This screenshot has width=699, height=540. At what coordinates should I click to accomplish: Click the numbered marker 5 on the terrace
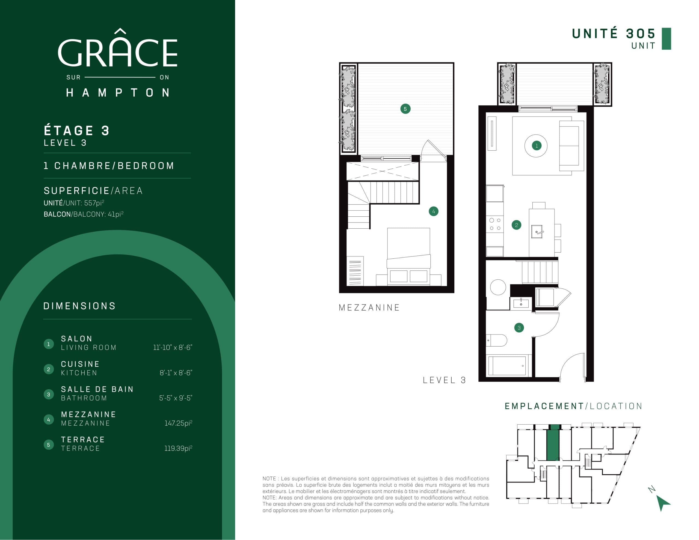click(405, 109)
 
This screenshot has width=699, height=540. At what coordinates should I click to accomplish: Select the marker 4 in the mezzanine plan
click(433, 211)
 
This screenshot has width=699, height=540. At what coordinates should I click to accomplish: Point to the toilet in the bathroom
click(496, 340)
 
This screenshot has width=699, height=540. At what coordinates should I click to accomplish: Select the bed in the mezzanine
click(408, 256)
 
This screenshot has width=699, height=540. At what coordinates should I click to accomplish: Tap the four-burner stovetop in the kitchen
click(495, 224)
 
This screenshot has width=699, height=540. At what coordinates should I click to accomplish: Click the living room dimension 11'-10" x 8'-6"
click(173, 347)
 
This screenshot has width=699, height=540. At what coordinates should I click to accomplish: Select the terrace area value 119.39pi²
click(178, 448)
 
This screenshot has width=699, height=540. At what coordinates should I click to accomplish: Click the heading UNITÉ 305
click(613, 34)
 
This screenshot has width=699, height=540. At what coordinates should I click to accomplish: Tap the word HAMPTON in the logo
click(118, 93)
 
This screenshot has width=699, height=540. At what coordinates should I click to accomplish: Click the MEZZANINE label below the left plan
click(369, 308)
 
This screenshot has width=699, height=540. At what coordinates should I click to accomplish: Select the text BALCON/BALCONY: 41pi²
click(84, 214)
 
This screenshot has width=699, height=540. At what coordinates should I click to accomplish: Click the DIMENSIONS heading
click(79, 306)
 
